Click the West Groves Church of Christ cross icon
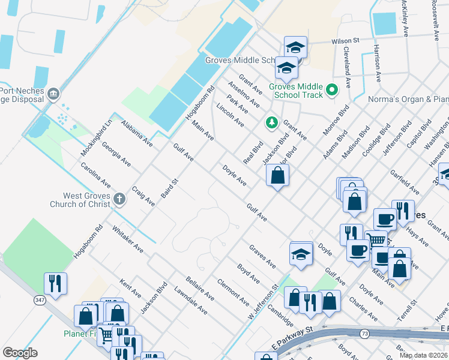pyautogui.click(x=119, y=199)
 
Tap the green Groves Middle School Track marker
pyautogui.click(x=330, y=92)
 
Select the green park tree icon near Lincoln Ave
pyautogui.click(x=271, y=123)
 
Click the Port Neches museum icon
pyautogui.click(x=53, y=94)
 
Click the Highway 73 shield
pyautogui.click(x=364, y=333)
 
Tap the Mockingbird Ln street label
pyautogui.click(x=97, y=138)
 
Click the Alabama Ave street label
pyautogui.click(x=136, y=133)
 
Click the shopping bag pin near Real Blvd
pyautogui.click(x=277, y=176)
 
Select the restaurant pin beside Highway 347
pyautogui.click(x=55, y=284)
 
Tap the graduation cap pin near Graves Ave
pyautogui.click(x=301, y=254)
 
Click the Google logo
pyautogui.click(x=20, y=353)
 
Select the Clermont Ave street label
pyautogui.click(x=232, y=292)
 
